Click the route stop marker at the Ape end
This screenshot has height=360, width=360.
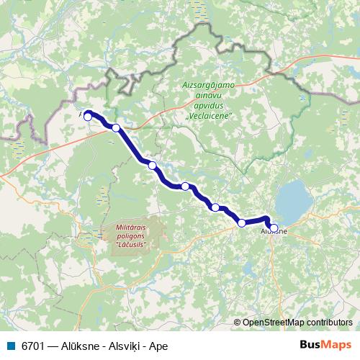88,117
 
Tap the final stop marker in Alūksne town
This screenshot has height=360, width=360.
274,228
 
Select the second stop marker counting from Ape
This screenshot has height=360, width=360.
116,128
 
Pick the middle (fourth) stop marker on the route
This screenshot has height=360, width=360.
185,186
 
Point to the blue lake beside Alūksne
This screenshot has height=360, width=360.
291,201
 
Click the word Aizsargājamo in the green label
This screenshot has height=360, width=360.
205,86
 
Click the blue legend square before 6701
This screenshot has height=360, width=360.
11,346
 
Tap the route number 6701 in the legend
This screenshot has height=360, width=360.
32,346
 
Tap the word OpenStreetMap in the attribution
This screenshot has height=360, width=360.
274,323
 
